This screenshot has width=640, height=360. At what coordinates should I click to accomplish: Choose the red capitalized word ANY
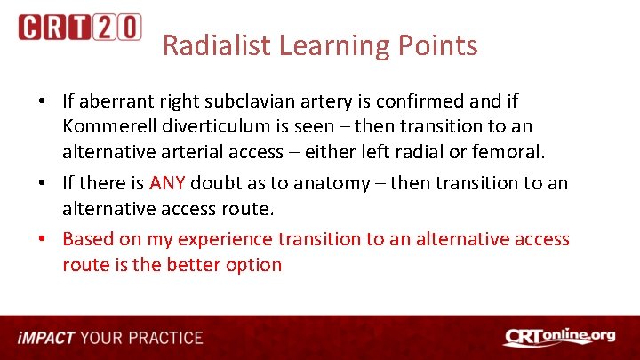point(168,183)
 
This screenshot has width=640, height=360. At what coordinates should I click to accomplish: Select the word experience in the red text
point(226,239)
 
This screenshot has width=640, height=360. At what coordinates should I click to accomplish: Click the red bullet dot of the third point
point(43,239)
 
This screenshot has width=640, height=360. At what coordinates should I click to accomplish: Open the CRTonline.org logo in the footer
point(559,337)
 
